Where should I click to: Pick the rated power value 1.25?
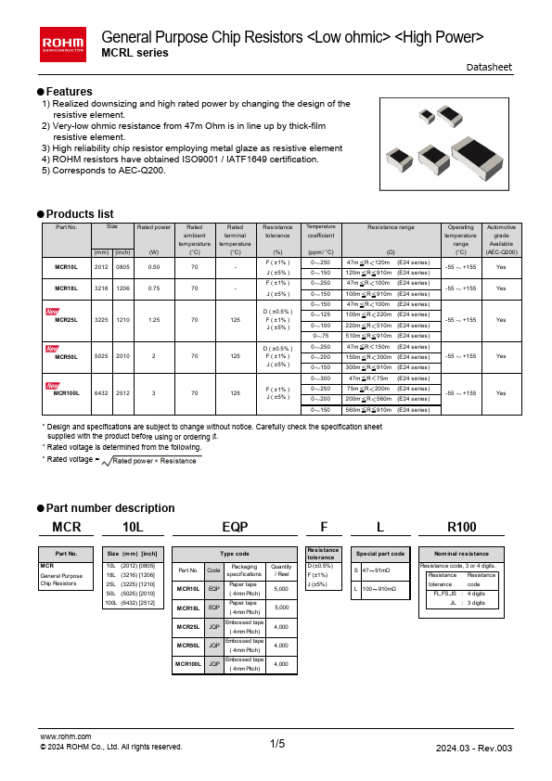[154, 319]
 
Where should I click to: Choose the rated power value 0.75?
[154, 288]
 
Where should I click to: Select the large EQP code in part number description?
[235, 526]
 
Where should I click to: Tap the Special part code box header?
[380, 553]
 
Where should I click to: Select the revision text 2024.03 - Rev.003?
[473, 748]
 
